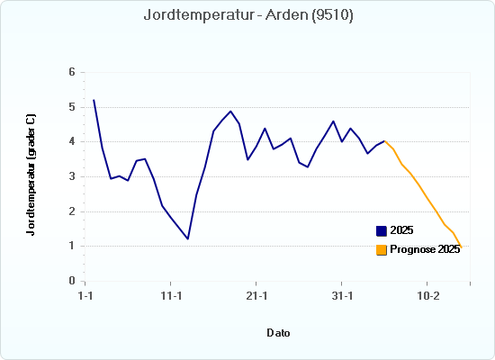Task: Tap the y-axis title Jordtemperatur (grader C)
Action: point(31,175)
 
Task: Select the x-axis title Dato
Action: point(278,333)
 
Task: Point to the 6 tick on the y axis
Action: point(73,72)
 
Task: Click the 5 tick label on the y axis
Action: point(73,107)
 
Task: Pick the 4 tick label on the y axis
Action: point(73,142)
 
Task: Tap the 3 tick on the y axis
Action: point(73,176)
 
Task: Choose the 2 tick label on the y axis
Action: point(73,211)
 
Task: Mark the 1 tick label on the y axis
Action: point(73,246)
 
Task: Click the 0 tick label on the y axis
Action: point(73,281)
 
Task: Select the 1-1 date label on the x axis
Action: point(86,295)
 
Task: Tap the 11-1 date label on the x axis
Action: point(171,295)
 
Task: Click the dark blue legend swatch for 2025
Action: point(382,231)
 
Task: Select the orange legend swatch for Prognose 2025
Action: point(382,249)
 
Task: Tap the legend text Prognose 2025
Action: point(425,249)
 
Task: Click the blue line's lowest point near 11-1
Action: point(188,238)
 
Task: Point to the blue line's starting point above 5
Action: point(94,100)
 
